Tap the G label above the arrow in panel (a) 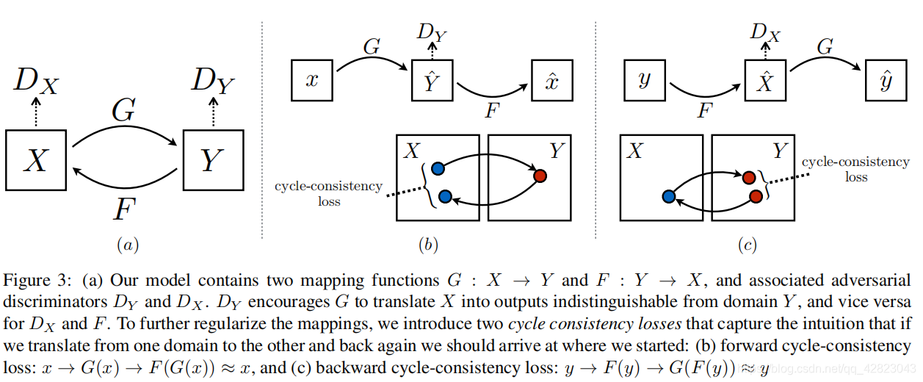tap(123, 110)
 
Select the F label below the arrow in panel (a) tap(124, 209)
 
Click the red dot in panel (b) tap(540, 176)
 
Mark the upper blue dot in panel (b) tap(438, 168)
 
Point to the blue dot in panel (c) tap(669, 197)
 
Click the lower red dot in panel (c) tap(756, 197)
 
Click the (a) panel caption tap(128, 245)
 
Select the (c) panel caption tap(748, 245)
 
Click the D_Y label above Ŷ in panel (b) tap(432, 32)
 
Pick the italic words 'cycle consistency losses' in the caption tap(595, 323)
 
